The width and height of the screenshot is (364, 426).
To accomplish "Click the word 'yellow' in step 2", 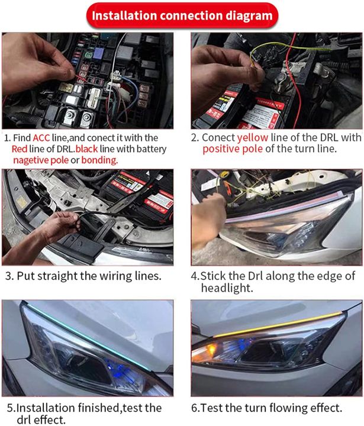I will pyautogui.click(x=254, y=137).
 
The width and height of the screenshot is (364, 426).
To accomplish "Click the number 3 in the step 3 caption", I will pyautogui.click(x=8, y=276).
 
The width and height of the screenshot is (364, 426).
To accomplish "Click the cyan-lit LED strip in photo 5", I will pyautogui.click(x=71, y=337).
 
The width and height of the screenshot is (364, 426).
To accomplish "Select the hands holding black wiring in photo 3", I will pyautogui.click(x=59, y=225).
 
